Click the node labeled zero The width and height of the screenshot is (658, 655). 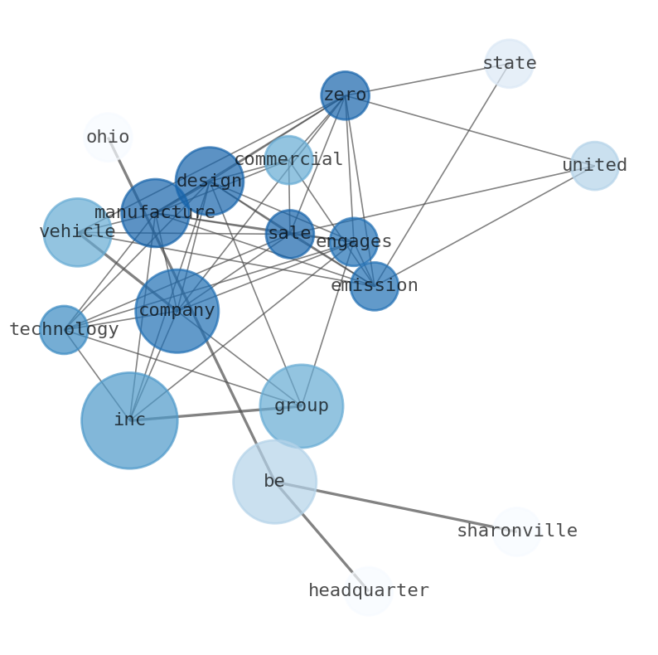point(345,95)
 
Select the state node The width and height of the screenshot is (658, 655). point(509,63)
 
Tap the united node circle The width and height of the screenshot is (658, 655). point(594,166)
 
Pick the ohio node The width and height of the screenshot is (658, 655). point(108,138)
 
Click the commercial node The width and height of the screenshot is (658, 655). point(288,160)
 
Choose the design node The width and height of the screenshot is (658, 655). point(210,181)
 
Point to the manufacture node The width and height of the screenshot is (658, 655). point(155,213)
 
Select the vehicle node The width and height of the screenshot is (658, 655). point(77,232)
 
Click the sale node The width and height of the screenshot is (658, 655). point(290,234)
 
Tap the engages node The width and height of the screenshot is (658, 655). point(354,242)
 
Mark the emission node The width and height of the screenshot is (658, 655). point(375,286)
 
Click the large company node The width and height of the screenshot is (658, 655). point(177,311)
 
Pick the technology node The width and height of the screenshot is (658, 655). point(64,330)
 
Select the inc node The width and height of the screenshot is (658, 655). point(129,420)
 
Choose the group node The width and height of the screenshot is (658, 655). point(302,406)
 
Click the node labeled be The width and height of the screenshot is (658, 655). point(274,482)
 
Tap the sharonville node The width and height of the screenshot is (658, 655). point(516,531)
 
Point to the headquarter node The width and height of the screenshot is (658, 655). point(369,591)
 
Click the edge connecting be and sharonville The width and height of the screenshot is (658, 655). point(389,505)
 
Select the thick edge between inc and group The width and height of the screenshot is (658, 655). point(215,413)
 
